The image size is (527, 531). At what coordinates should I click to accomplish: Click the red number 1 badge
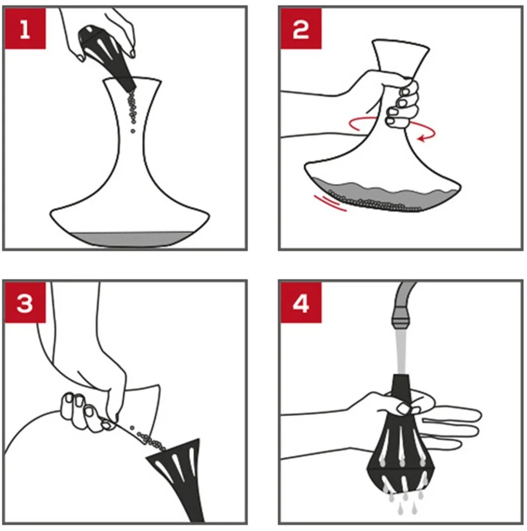[25, 29]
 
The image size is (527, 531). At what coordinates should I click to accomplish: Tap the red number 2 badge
[301, 29]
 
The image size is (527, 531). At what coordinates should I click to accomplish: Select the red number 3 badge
[25, 303]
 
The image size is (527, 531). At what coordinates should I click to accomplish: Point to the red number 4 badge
[301, 303]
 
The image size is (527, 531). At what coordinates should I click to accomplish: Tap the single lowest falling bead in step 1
[133, 131]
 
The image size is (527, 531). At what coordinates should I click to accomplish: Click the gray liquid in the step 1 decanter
[131, 239]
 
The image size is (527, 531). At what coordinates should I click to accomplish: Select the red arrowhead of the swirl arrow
[422, 138]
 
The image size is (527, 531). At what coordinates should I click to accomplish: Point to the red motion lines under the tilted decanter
[330, 203]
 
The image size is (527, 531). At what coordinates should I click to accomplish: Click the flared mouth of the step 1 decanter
[132, 81]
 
